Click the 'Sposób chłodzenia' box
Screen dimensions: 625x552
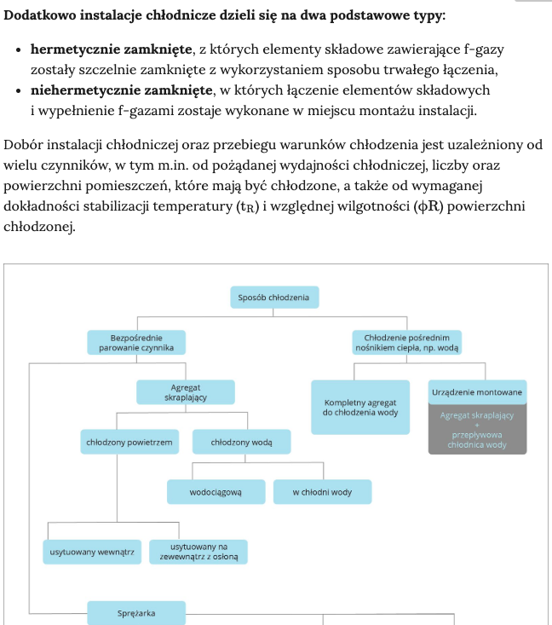pyautogui.click(x=274, y=298)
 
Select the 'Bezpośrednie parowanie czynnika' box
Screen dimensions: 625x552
pyautogui.click(x=136, y=343)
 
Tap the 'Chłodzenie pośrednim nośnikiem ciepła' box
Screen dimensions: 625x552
pyautogui.click(x=405, y=343)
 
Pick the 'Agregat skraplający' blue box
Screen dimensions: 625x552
pyautogui.click(x=185, y=392)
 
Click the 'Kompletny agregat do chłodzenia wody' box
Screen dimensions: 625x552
pyautogui.click(x=360, y=407)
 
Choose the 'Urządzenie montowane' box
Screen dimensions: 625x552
pyautogui.click(x=477, y=391)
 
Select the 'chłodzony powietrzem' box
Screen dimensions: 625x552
pyautogui.click(x=129, y=442)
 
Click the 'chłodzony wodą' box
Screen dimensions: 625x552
pyautogui.click(x=241, y=442)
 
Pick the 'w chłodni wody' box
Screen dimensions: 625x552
pyautogui.click(x=322, y=492)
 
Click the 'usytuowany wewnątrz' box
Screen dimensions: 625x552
pyautogui.click(x=93, y=552)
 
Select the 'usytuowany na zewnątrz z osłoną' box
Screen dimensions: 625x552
pyautogui.click(x=198, y=552)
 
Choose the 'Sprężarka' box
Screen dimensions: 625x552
pyautogui.click(x=136, y=612)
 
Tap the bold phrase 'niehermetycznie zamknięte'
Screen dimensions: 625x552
pyautogui.click(x=121, y=90)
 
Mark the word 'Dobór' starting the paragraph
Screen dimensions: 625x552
pyautogui.click(x=23, y=145)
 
